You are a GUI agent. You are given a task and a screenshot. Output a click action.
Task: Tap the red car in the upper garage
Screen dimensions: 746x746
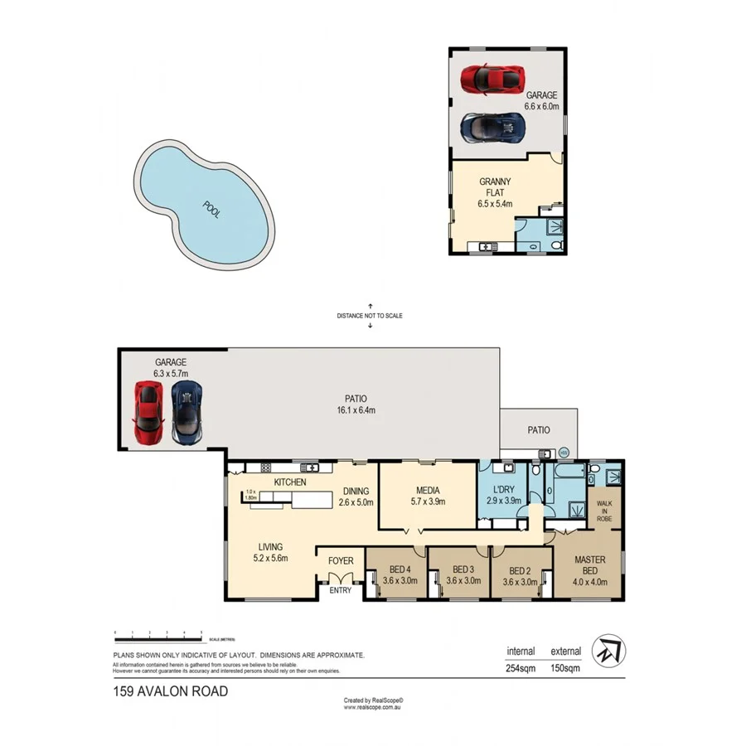click(492, 79)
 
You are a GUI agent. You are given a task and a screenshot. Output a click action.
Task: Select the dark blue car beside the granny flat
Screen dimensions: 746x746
click(493, 128)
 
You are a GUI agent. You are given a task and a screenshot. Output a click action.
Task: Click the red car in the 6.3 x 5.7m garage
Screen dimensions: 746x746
click(148, 411)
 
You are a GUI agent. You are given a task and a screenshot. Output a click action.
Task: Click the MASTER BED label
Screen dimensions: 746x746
click(589, 565)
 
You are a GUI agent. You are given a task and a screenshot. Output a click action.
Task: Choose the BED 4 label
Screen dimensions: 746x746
click(395, 569)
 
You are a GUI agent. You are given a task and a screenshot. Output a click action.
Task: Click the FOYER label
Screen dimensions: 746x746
click(341, 561)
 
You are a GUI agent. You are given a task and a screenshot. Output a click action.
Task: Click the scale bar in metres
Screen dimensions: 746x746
click(158, 637)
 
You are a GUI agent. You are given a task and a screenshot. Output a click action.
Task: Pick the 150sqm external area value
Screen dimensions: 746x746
click(564, 666)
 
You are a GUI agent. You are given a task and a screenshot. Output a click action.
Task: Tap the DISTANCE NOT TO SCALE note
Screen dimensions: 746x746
click(370, 315)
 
